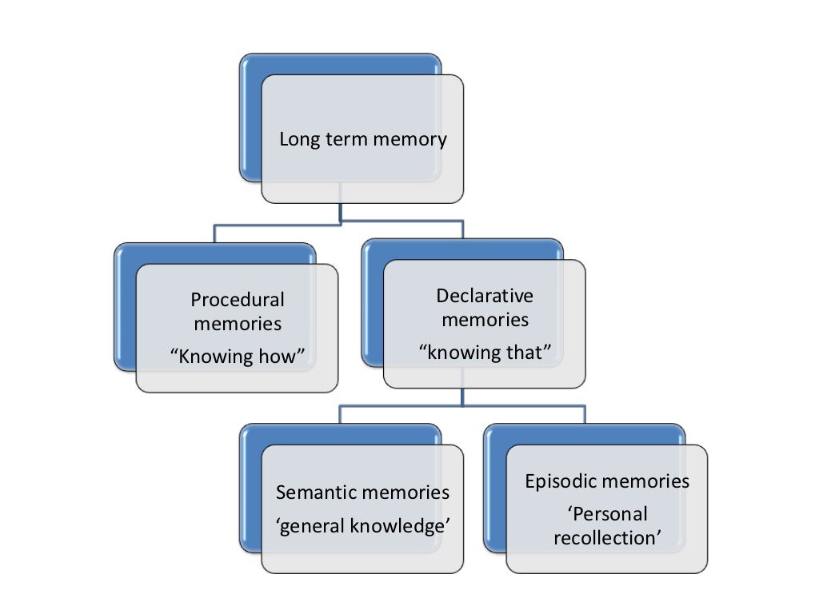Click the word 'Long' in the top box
point(296,140)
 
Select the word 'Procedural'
point(238,300)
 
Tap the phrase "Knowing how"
point(238,356)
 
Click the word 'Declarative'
point(485,296)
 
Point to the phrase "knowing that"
point(485,353)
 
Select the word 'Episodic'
point(561,481)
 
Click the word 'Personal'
point(608,513)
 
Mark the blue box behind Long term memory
point(250,120)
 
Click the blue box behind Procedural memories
point(125,312)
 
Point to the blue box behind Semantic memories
point(250,488)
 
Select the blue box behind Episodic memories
point(495,488)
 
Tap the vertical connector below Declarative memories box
point(462,397)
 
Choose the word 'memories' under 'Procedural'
point(238,325)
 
